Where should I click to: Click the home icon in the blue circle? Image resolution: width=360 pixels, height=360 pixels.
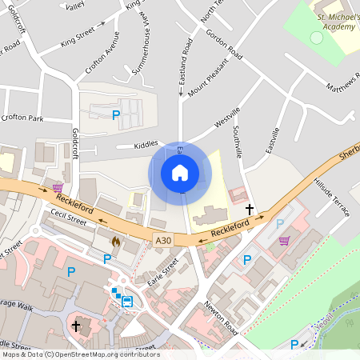click(180, 172)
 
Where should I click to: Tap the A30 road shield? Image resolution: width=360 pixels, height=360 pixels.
click(163, 240)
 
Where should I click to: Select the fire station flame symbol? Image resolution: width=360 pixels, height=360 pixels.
click(117, 239)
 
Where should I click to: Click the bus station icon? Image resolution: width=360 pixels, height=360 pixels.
click(127, 301)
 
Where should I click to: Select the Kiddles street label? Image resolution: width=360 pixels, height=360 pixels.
click(146, 146)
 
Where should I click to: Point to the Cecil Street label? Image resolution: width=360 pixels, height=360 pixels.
click(67, 215)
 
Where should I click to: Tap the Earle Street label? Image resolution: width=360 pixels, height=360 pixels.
click(163, 273)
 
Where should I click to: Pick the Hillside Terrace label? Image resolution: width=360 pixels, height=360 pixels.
click(333, 197)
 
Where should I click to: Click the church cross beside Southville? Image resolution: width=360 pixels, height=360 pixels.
click(250, 210)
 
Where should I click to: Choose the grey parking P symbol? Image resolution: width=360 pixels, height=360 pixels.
click(279, 225)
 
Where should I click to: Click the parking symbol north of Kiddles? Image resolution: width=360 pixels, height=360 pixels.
click(117, 115)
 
